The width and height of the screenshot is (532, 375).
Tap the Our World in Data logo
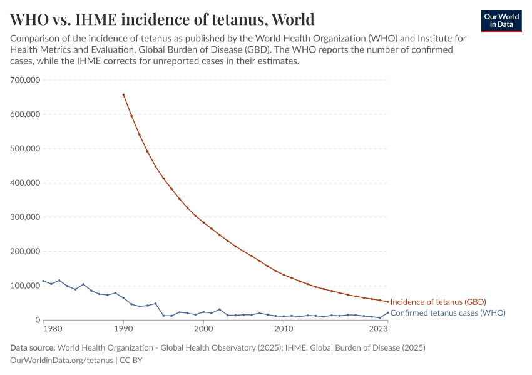point(501,21)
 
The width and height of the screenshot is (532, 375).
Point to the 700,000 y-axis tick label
point(26,80)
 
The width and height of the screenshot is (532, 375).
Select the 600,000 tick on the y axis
point(26,114)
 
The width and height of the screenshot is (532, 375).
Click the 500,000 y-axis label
point(26,149)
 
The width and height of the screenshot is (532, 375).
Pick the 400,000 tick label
point(26,183)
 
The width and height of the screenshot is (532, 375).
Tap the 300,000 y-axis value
point(26,217)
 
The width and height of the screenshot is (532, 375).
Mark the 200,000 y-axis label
point(26,252)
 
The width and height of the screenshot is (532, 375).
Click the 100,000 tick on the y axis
point(26,286)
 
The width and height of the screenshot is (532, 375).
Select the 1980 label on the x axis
point(52,329)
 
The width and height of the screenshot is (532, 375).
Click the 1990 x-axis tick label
point(123,329)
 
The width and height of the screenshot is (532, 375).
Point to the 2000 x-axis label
point(203,329)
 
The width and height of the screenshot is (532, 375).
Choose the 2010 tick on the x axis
point(284,329)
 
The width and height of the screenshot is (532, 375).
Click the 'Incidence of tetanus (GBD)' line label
point(438,302)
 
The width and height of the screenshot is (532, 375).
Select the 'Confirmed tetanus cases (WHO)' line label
point(448,312)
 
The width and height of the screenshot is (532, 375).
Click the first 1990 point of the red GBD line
point(123,94)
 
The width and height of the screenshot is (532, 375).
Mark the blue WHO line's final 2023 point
point(387,312)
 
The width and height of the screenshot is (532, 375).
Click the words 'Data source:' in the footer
point(33,347)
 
